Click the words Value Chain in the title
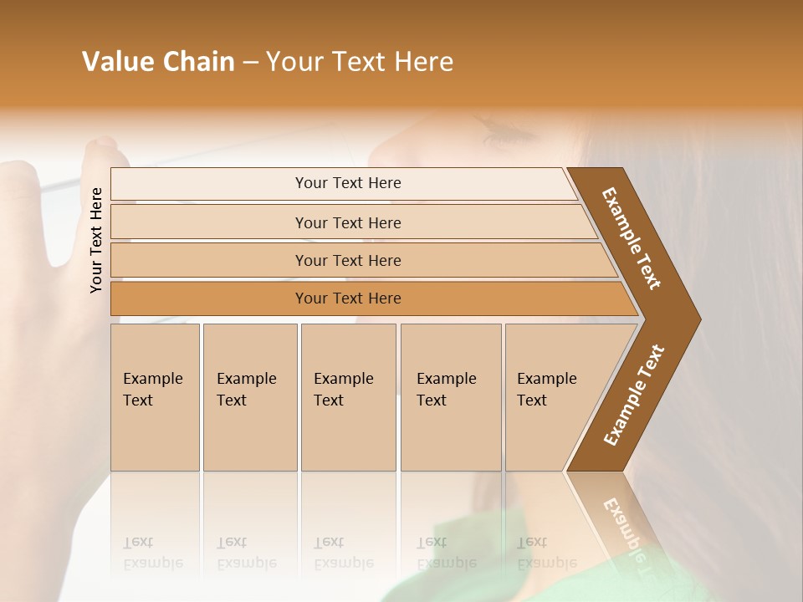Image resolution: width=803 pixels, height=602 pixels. [158, 62]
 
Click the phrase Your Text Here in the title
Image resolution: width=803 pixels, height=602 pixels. [360, 62]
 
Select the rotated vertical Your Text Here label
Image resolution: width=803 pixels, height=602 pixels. [96, 240]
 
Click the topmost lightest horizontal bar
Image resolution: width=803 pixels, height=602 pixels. [347, 183]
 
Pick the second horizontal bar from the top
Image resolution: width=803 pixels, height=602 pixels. [347, 222]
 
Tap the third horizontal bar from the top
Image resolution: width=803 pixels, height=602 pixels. [347, 260]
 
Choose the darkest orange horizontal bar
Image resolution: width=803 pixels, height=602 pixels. [347, 298]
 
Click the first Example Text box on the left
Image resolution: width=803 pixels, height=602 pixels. [155, 396]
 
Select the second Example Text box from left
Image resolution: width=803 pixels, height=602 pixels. [249, 396]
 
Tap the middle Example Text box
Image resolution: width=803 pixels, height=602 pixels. [348, 396]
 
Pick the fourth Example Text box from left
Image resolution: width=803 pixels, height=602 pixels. [450, 396]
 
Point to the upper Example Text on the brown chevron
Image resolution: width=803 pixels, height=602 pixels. [632, 238]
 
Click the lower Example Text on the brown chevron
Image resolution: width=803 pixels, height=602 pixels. [634, 395]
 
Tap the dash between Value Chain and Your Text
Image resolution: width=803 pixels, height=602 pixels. [250, 63]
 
